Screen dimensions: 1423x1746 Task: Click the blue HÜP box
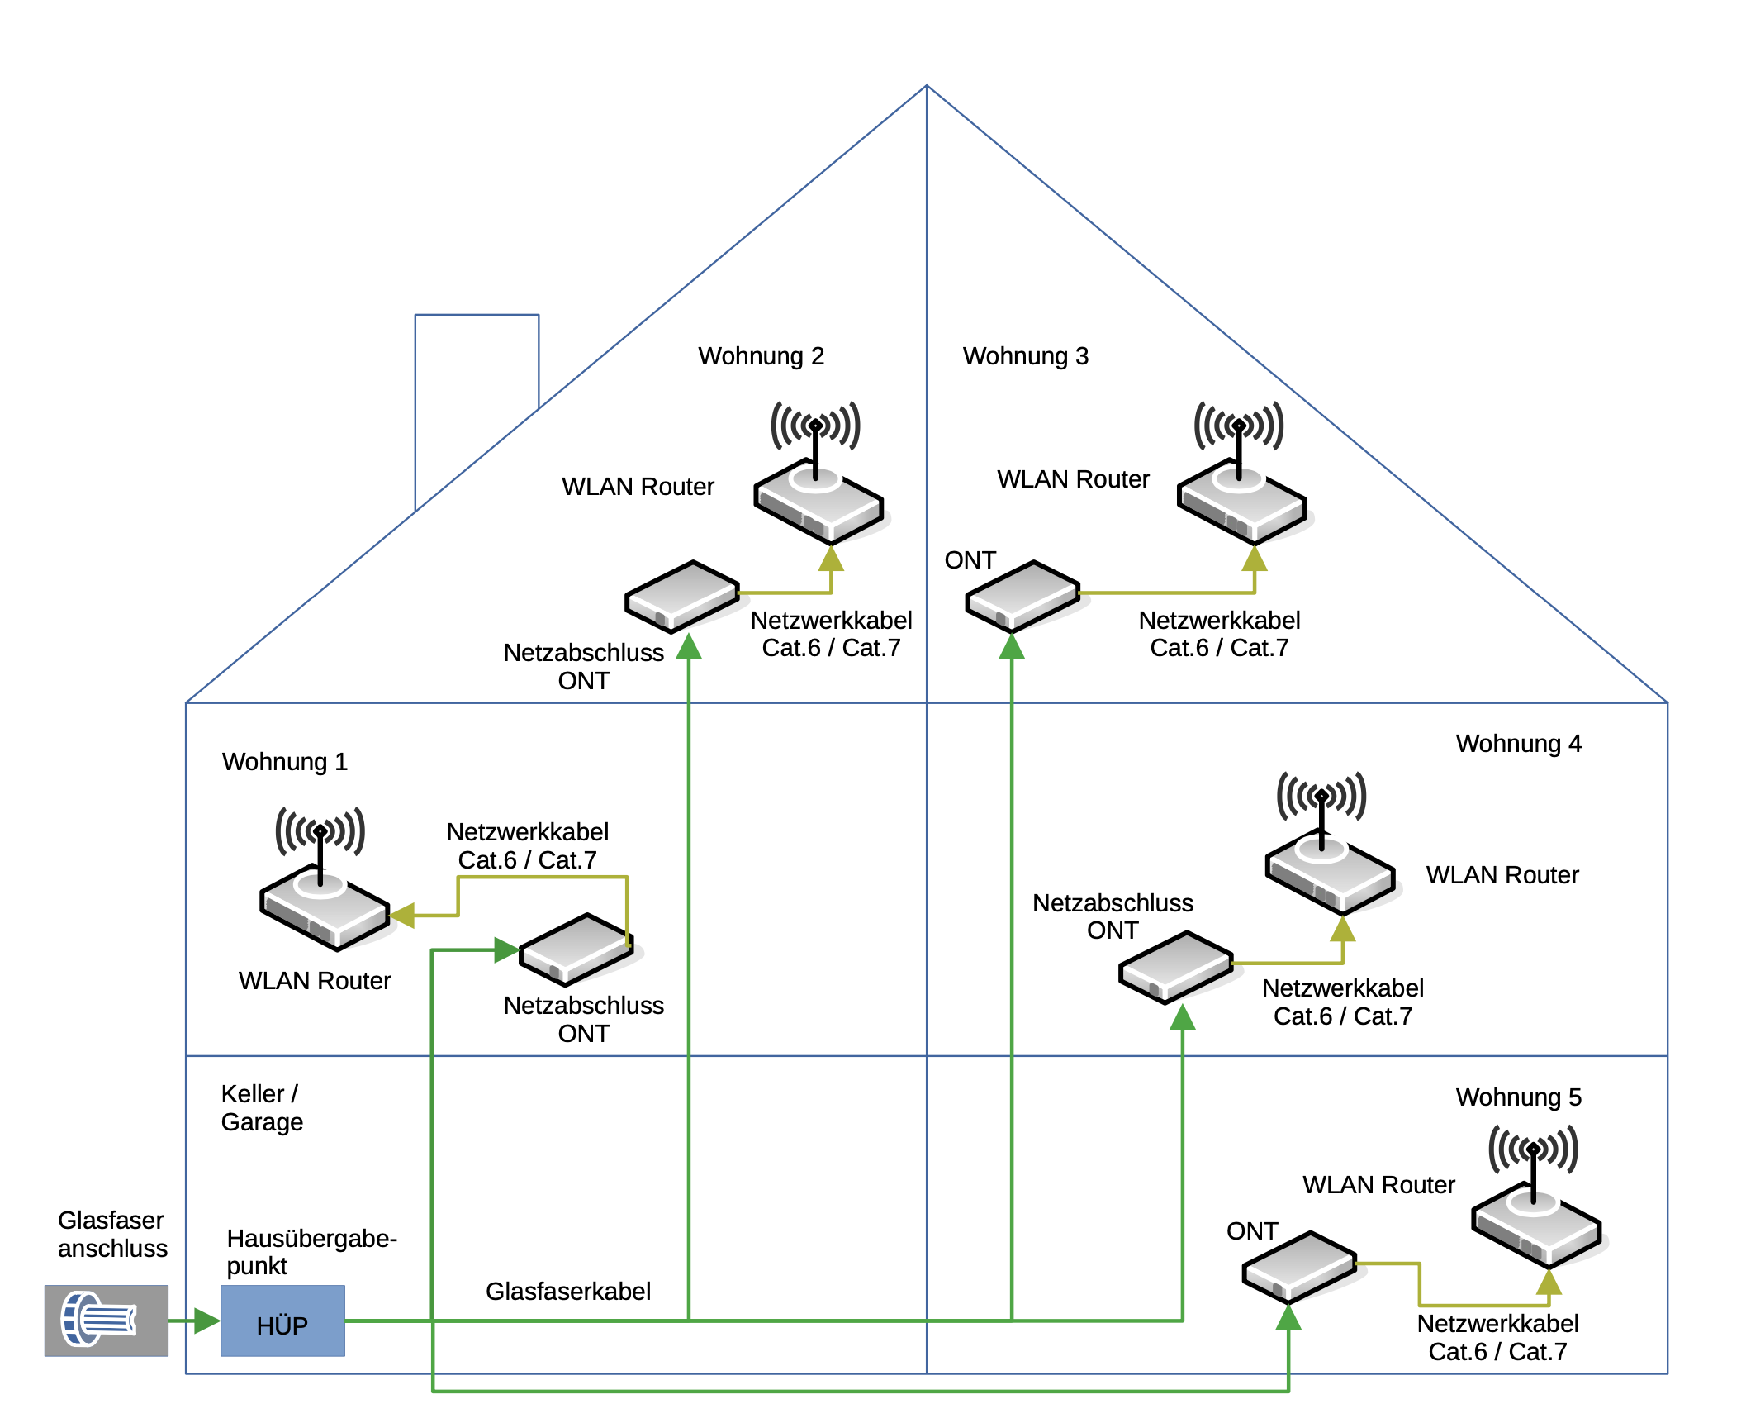(282, 1320)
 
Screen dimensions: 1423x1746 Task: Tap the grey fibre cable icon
(106, 1320)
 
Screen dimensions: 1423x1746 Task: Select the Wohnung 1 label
(285, 761)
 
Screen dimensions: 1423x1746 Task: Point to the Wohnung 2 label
(761, 356)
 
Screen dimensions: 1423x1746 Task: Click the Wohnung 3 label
(1026, 356)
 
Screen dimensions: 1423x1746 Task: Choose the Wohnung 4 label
(1518, 744)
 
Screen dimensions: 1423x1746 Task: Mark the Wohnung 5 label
(1518, 1097)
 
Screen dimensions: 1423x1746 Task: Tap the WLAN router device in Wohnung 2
(818, 500)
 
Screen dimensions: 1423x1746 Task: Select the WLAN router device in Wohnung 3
(1241, 500)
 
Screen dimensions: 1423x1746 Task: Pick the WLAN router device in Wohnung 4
(1330, 871)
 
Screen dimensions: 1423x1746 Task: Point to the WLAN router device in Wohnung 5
(1536, 1224)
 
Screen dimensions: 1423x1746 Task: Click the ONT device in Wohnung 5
(1299, 1267)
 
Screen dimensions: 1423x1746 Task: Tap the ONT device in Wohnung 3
(1022, 596)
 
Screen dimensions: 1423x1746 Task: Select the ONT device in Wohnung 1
(576, 949)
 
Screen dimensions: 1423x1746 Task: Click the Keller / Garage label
(262, 1108)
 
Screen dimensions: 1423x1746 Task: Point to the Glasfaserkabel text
(568, 1292)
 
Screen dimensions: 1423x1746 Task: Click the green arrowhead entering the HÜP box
(206, 1321)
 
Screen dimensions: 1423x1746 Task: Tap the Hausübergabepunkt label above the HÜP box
(311, 1252)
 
